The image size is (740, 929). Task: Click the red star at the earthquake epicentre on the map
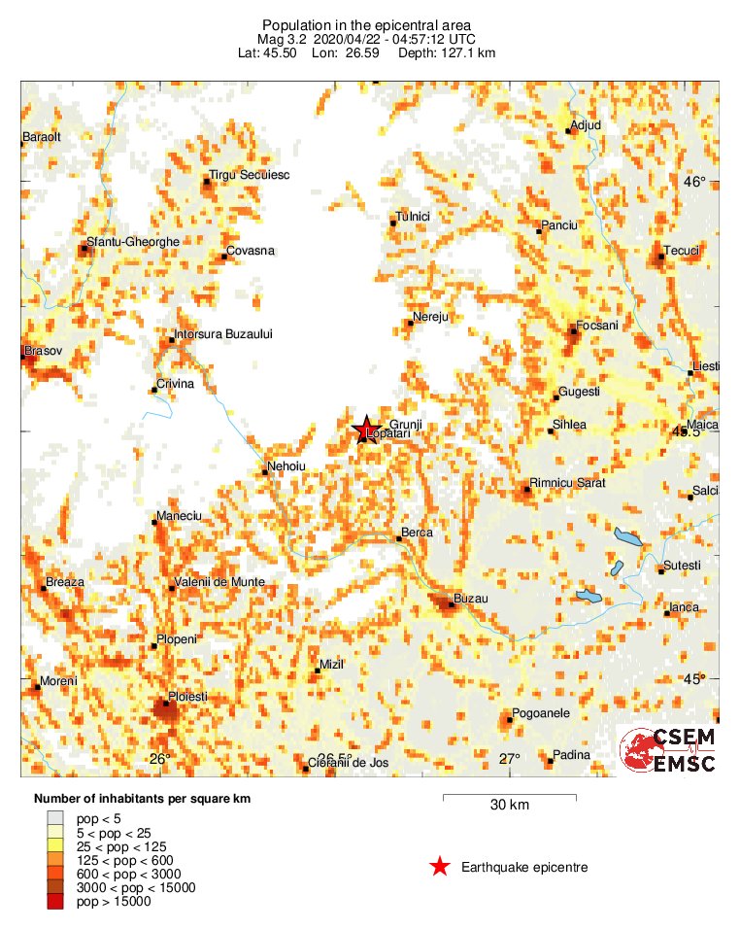(x=365, y=430)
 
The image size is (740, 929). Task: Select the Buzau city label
(x=471, y=599)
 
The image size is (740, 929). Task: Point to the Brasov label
(x=43, y=349)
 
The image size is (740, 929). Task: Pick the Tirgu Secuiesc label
(x=251, y=175)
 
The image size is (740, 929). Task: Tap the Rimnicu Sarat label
(x=567, y=483)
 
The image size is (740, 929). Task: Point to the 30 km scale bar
(x=509, y=798)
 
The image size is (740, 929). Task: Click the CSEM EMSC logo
(x=668, y=750)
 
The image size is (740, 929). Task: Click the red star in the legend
(x=440, y=867)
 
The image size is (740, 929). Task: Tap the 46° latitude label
(x=694, y=182)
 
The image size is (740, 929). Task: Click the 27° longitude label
(x=509, y=759)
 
